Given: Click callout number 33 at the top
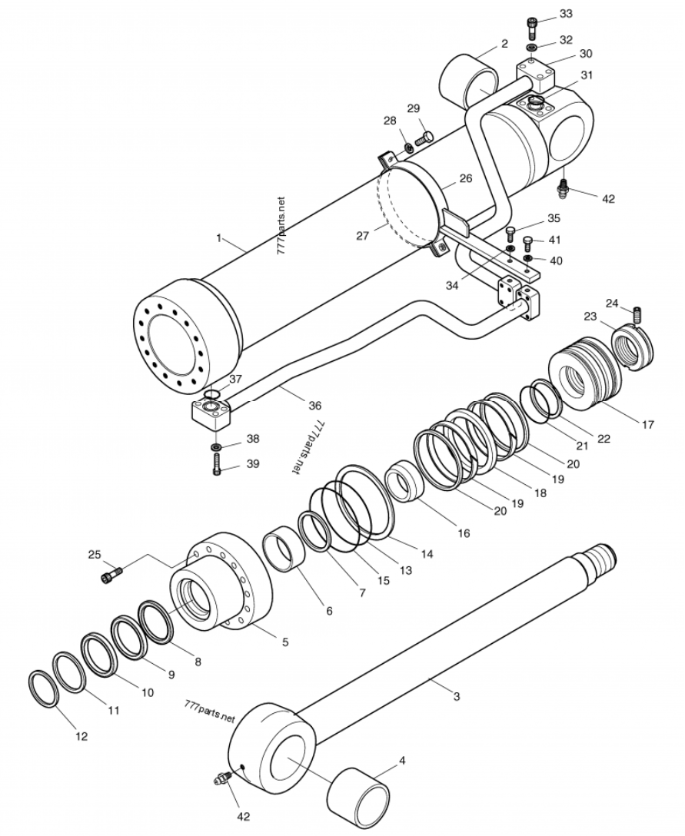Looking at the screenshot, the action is pos(566,14).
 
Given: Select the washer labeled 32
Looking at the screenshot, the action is pos(533,48).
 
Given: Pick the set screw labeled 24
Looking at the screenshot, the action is pos(636,315).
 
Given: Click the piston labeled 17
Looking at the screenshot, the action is pos(585,375).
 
